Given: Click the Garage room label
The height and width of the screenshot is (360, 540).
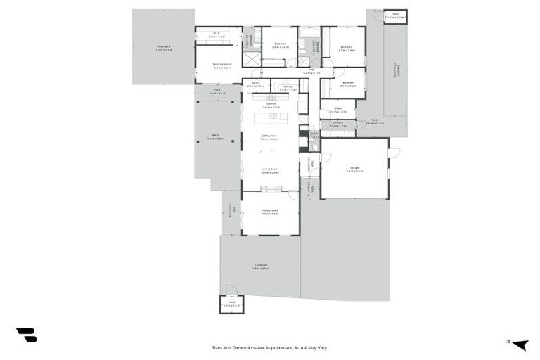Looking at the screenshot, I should point(354,169).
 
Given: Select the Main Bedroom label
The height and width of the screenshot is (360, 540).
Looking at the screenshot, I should point(222,65).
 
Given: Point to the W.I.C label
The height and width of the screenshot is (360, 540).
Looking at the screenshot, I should point(217,34).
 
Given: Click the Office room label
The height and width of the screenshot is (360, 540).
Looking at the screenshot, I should point(337,110).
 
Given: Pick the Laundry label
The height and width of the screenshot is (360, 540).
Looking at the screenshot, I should point(337,124).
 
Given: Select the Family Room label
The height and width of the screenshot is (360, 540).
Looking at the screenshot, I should point(271,212).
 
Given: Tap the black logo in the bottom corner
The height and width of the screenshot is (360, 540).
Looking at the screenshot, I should point(26,335).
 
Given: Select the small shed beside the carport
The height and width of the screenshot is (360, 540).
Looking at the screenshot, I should point(395,16).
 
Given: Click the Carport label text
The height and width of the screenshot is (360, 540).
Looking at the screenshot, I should point(395,70).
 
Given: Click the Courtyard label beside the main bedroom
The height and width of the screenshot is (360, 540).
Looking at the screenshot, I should point(164,49).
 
